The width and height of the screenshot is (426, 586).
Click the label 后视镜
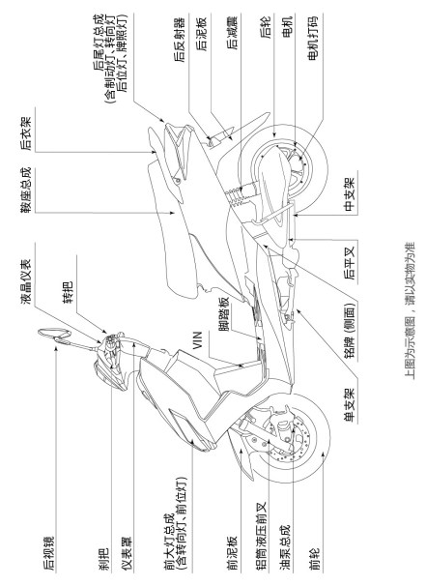click(x=48, y=554)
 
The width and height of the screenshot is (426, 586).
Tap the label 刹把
click(x=103, y=560)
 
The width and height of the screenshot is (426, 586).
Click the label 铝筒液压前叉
click(x=263, y=537)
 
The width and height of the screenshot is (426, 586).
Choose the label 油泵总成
click(x=285, y=548)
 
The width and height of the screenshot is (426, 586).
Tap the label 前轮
click(x=315, y=560)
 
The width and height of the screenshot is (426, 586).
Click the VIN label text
click(x=198, y=340)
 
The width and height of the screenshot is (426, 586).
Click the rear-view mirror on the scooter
click(x=54, y=334)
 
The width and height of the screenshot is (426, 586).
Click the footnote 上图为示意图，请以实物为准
click(x=410, y=310)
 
